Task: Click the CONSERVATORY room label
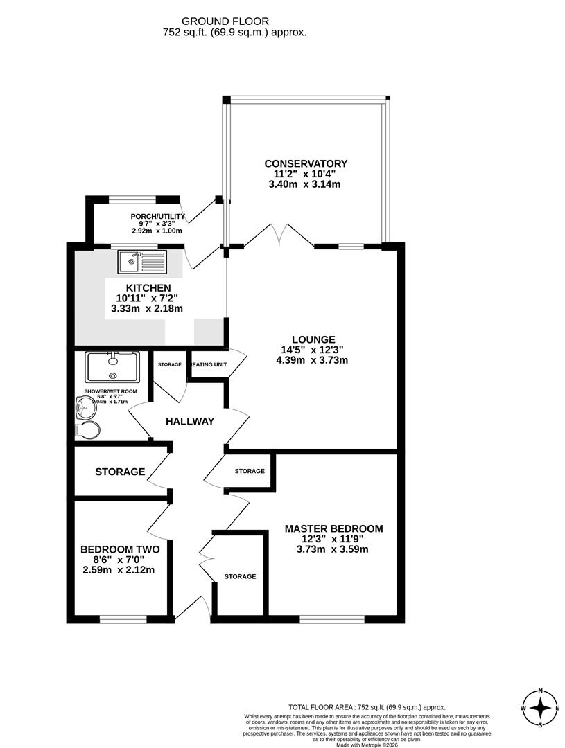306,163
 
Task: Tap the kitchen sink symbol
142,261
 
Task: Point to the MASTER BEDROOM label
333,528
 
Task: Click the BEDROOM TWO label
119,549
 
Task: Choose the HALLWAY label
189,421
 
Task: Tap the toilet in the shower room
89,430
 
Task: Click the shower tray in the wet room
112,367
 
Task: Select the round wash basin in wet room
82,409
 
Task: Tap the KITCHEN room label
148,288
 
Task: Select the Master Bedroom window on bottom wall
331,617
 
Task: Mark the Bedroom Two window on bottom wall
123,617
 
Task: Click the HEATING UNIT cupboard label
209,364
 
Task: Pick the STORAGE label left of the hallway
120,472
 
